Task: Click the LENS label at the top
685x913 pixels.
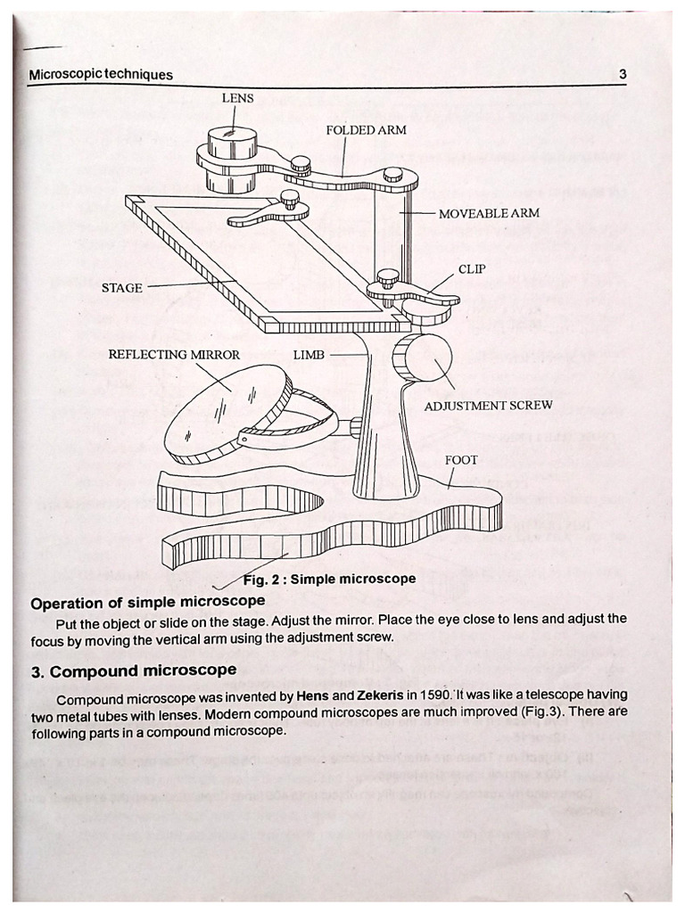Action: [237, 98]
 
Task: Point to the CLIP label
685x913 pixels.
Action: [472, 268]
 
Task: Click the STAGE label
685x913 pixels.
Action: [121, 288]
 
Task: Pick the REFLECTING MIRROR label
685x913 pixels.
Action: [174, 355]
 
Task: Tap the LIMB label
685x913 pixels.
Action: [309, 355]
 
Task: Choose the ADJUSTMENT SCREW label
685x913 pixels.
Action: [488, 405]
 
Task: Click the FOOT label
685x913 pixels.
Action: [461, 460]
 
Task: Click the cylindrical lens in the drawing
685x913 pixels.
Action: [231, 156]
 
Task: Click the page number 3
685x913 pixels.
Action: [623, 75]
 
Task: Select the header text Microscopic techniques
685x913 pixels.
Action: [101, 75]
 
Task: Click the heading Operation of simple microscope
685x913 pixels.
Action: [147, 603]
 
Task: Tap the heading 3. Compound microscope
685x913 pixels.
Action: [134, 670]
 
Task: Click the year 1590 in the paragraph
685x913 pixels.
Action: [420, 695]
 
